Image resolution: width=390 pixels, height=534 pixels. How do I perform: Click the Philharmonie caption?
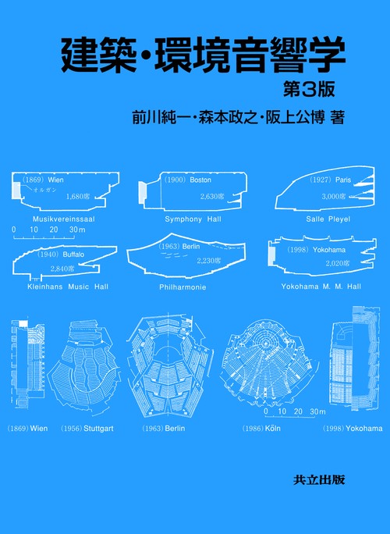184,287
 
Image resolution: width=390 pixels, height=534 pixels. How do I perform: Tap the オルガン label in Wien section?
40,189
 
